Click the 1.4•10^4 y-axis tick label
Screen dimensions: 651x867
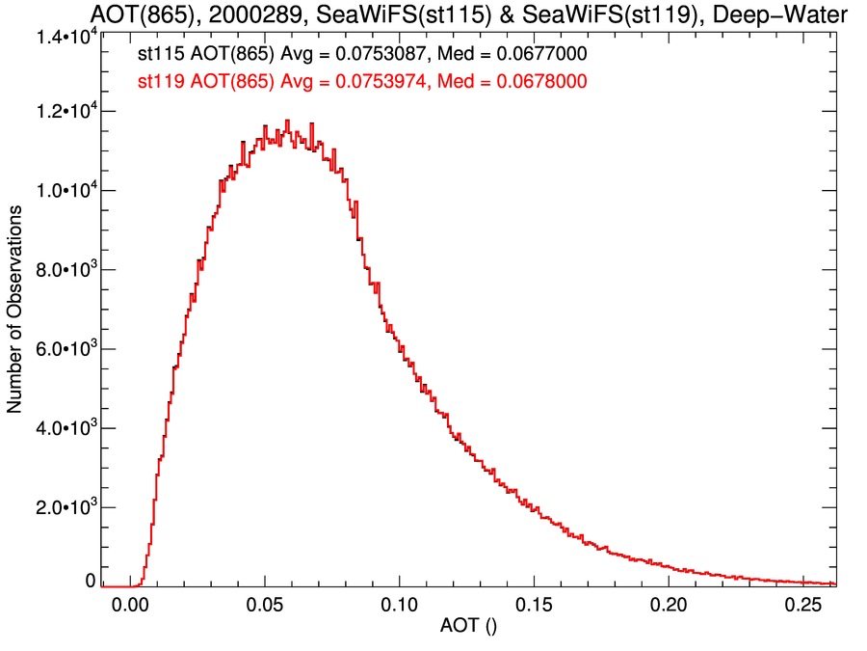(x=63, y=37)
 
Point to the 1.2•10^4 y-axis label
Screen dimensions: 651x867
(x=63, y=113)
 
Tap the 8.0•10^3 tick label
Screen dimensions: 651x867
(x=63, y=270)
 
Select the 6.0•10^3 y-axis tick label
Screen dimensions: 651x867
(x=63, y=349)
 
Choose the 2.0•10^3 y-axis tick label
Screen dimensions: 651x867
(x=63, y=507)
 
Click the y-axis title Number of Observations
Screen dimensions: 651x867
(x=15, y=312)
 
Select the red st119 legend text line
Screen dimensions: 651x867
(x=362, y=83)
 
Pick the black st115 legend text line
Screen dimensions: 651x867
(x=362, y=57)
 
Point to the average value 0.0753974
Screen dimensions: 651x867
(x=382, y=83)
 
